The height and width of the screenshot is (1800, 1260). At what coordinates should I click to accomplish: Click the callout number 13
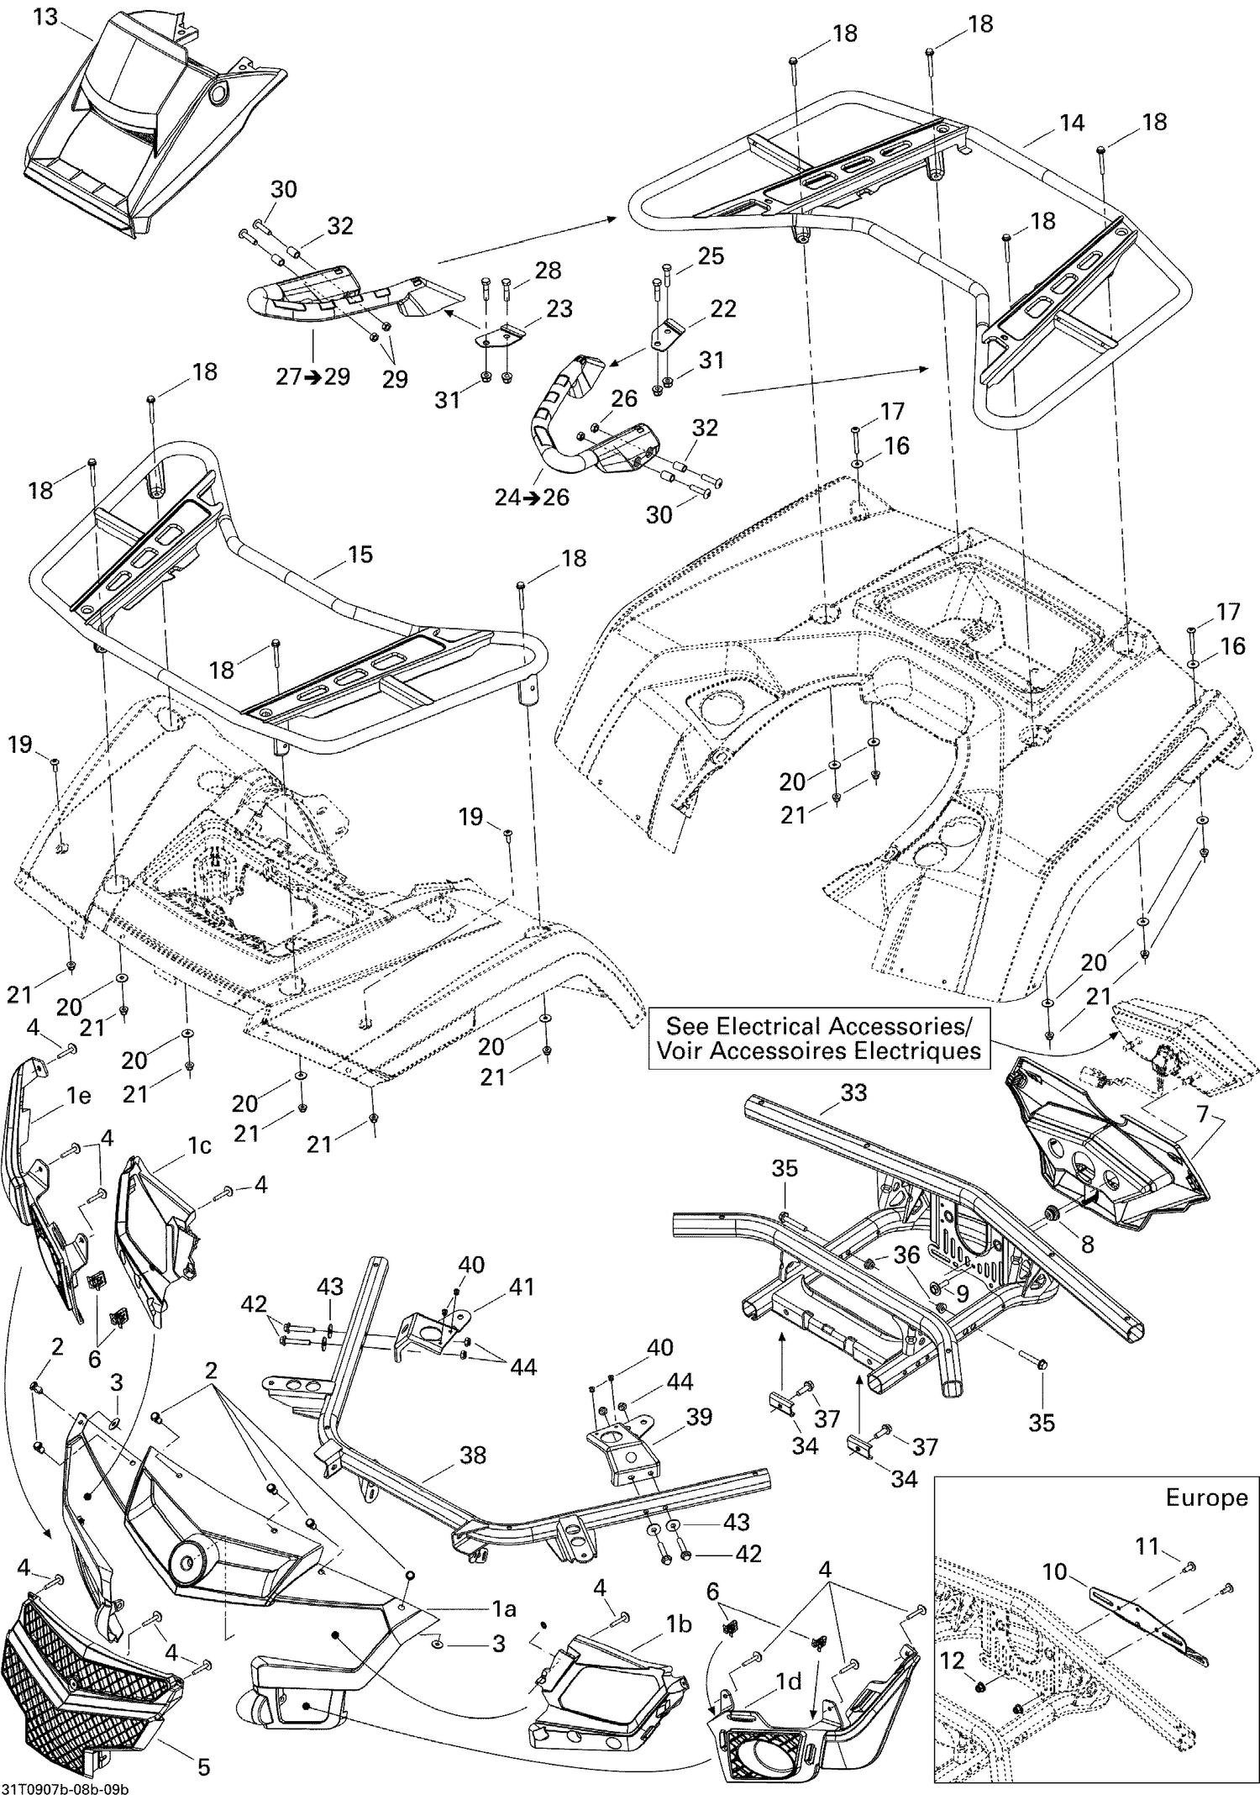click(x=45, y=16)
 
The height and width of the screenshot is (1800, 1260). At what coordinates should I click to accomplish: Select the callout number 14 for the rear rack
click(x=1071, y=123)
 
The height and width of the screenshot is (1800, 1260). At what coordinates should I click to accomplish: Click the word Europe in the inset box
click(x=1205, y=1497)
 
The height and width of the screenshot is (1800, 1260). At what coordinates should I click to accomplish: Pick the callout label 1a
click(x=503, y=1608)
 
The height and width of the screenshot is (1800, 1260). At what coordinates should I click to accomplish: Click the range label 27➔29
click(x=312, y=376)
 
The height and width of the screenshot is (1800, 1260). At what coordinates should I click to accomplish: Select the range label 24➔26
click(x=531, y=497)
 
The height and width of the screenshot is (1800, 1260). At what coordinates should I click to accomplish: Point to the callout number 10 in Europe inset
click(x=1054, y=1571)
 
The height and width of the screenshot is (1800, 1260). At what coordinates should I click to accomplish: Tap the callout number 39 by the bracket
click(x=698, y=1416)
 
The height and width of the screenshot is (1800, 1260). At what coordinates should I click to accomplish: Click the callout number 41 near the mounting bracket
click(x=522, y=1287)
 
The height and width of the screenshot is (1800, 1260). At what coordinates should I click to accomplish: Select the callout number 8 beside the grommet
click(x=1087, y=1244)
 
